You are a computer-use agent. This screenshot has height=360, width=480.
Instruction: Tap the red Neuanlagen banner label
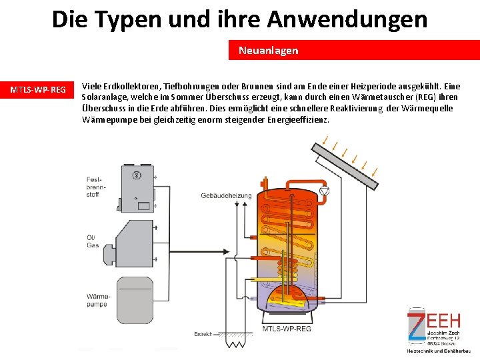tap(268, 51)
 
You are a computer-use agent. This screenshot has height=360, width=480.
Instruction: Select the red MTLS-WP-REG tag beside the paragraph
tap(37, 90)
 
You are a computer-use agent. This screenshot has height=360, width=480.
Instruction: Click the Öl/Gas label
tap(92, 242)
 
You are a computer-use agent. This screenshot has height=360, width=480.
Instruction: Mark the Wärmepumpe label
tap(96, 300)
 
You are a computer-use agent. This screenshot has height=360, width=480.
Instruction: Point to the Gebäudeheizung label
tap(226, 195)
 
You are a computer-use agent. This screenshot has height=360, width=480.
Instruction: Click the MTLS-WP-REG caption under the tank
tap(286, 329)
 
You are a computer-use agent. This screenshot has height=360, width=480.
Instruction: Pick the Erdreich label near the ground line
tap(203, 333)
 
